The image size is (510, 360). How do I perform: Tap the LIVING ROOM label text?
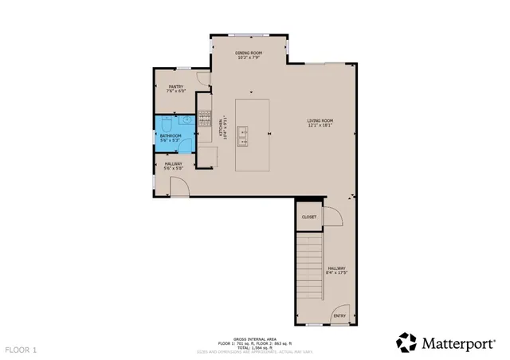[x=320, y=120]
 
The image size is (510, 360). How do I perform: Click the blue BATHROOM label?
[x=171, y=135]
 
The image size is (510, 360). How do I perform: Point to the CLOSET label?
[x=308, y=217]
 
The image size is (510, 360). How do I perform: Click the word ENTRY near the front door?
[x=339, y=315]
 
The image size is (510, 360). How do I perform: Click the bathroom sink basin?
[x=185, y=120]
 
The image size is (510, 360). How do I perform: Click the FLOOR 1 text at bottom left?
[x=22, y=349]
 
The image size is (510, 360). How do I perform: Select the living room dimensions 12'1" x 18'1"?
[x=320, y=125]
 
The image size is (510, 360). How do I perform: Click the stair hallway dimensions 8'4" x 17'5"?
[x=335, y=273]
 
